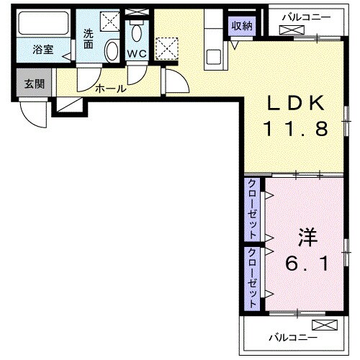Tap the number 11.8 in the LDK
point(295,130)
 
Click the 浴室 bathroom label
point(42,51)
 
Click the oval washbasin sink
point(112,51)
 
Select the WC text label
point(137,54)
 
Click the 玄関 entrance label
point(34,84)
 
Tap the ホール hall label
point(111,89)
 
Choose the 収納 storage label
point(242,25)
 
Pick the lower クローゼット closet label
point(253,279)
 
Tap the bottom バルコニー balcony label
point(292,336)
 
